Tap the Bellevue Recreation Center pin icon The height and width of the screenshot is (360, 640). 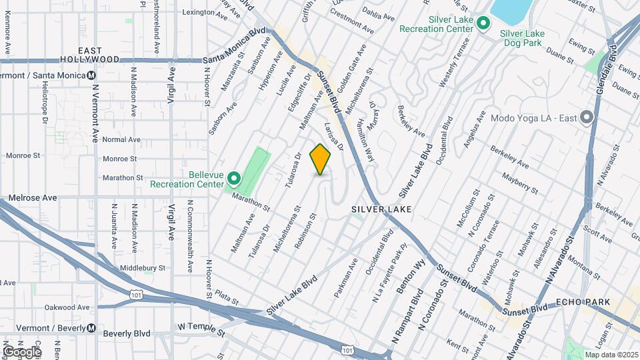point(234,179)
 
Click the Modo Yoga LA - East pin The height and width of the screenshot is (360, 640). point(587,118)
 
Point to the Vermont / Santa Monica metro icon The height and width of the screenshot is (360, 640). point(91,75)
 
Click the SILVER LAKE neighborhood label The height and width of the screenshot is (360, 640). point(381,209)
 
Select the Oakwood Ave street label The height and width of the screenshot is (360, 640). point(67,307)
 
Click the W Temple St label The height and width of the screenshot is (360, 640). point(202,327)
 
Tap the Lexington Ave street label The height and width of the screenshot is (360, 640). point(202,12)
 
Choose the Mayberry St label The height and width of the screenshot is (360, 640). point(520,179)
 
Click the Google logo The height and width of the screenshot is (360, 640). point(22,351)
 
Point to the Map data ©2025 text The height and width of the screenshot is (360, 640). point(611,354)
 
